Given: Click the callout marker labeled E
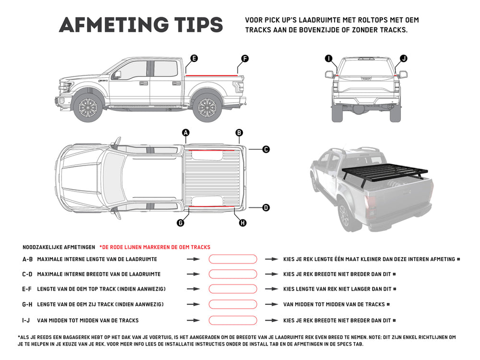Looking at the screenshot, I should coord(194,59).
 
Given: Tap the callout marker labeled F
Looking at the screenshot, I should coord(245,59).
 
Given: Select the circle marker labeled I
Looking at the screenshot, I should coord(329,59).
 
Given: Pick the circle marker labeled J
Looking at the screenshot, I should coord(403,59).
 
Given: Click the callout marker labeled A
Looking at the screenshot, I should coord(186,132).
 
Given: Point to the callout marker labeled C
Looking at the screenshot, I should coord(265,149).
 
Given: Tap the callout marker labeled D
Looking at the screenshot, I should coord(265,208).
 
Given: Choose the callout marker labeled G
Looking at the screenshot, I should coord(180,223).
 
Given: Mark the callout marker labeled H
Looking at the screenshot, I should coord(242,223).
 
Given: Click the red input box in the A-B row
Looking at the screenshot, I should coord(233,259).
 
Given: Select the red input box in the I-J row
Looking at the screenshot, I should coord(233,320).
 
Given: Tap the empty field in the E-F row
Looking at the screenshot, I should coord(233,289).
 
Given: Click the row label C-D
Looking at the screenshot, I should coord(27,274).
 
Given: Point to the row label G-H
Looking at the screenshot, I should coord(27,305).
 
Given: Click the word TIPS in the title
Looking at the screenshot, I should coord(195,24).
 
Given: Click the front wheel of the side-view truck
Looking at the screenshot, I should coord(88,106).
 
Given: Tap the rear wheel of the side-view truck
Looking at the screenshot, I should coord(207,106).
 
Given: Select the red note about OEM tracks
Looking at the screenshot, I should coord(155,247).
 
